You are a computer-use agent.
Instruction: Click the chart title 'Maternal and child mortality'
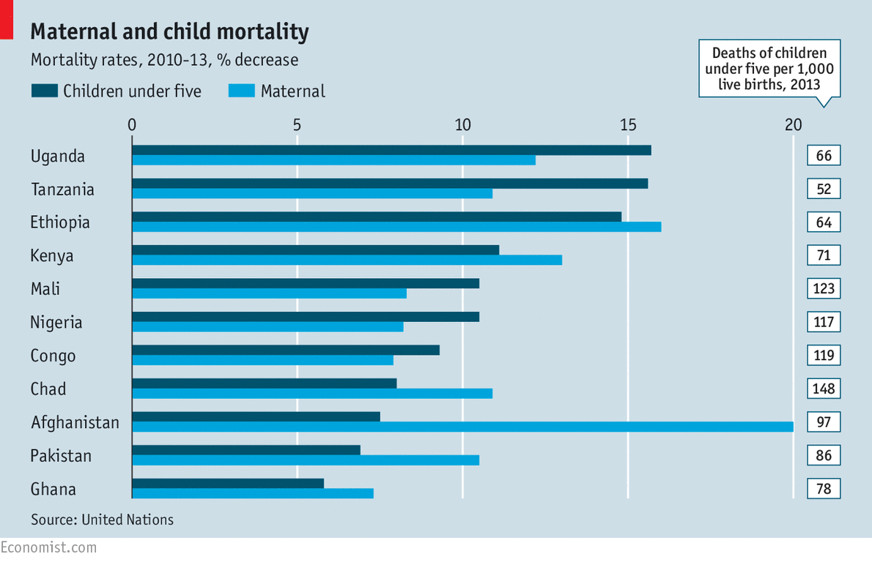coord(169,32)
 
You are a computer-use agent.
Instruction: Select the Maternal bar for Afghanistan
coord(462,427)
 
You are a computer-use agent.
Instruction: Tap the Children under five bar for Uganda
coord(391,150)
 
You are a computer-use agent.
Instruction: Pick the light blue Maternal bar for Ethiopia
coord(396,227)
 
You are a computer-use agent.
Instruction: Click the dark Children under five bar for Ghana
coord(227,483)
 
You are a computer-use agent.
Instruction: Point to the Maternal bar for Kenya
coord(347,260)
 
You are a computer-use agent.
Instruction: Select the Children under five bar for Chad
coord(264,383)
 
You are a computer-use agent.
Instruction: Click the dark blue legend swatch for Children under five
coord(44,91)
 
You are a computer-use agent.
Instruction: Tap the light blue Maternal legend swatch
coord(241,91)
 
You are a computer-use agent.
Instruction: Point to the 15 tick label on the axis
coord(627,124)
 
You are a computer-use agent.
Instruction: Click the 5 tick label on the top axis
coord(297,124)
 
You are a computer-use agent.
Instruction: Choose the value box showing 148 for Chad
coord(824,389)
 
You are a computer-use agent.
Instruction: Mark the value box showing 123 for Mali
coord(824,288)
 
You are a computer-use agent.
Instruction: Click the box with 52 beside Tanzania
coord(824,189)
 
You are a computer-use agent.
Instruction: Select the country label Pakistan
coord(61,456)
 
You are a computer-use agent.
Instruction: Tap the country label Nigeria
coord(56,323)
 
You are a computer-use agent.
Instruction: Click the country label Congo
coord(53,356)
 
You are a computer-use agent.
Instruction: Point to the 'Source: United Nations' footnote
coord(102,520)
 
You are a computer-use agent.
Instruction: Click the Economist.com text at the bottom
coord(48,547)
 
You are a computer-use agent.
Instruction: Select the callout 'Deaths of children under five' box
coord(769,68)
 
